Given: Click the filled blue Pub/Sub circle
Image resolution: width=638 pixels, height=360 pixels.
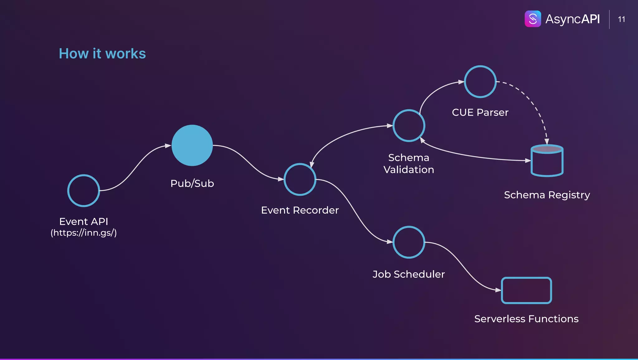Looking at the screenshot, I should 192,145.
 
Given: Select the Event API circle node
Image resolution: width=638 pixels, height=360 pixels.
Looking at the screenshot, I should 83,190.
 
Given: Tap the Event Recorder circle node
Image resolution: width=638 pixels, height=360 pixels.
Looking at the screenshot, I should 300,180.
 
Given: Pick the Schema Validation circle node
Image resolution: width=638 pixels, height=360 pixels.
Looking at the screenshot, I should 409,126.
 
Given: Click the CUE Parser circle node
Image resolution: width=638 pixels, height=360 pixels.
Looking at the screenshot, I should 480,82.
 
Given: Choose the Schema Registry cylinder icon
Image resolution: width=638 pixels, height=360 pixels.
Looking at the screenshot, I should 547,161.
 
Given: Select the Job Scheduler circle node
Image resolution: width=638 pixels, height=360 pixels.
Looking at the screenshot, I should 409,242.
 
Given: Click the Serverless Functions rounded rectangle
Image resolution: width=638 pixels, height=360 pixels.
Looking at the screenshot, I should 526,290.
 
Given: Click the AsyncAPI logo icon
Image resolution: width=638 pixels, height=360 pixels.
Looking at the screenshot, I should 533,19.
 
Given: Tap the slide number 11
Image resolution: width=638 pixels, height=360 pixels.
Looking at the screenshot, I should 621,19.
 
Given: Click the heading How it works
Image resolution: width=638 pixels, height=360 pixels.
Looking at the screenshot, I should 102,54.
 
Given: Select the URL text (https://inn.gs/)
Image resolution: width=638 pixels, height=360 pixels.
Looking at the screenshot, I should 83,233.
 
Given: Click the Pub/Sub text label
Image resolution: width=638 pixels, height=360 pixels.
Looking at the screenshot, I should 192,183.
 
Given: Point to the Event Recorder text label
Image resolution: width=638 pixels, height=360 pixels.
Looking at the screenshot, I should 300,210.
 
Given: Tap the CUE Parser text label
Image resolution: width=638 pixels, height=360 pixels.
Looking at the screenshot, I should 480,113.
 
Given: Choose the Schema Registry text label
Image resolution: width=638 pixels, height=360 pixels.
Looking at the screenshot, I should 547,195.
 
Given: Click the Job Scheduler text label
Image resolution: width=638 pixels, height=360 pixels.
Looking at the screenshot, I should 409,274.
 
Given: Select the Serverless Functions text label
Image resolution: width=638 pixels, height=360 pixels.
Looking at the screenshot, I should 526,319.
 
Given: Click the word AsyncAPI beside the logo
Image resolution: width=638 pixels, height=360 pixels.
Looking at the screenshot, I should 572,19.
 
